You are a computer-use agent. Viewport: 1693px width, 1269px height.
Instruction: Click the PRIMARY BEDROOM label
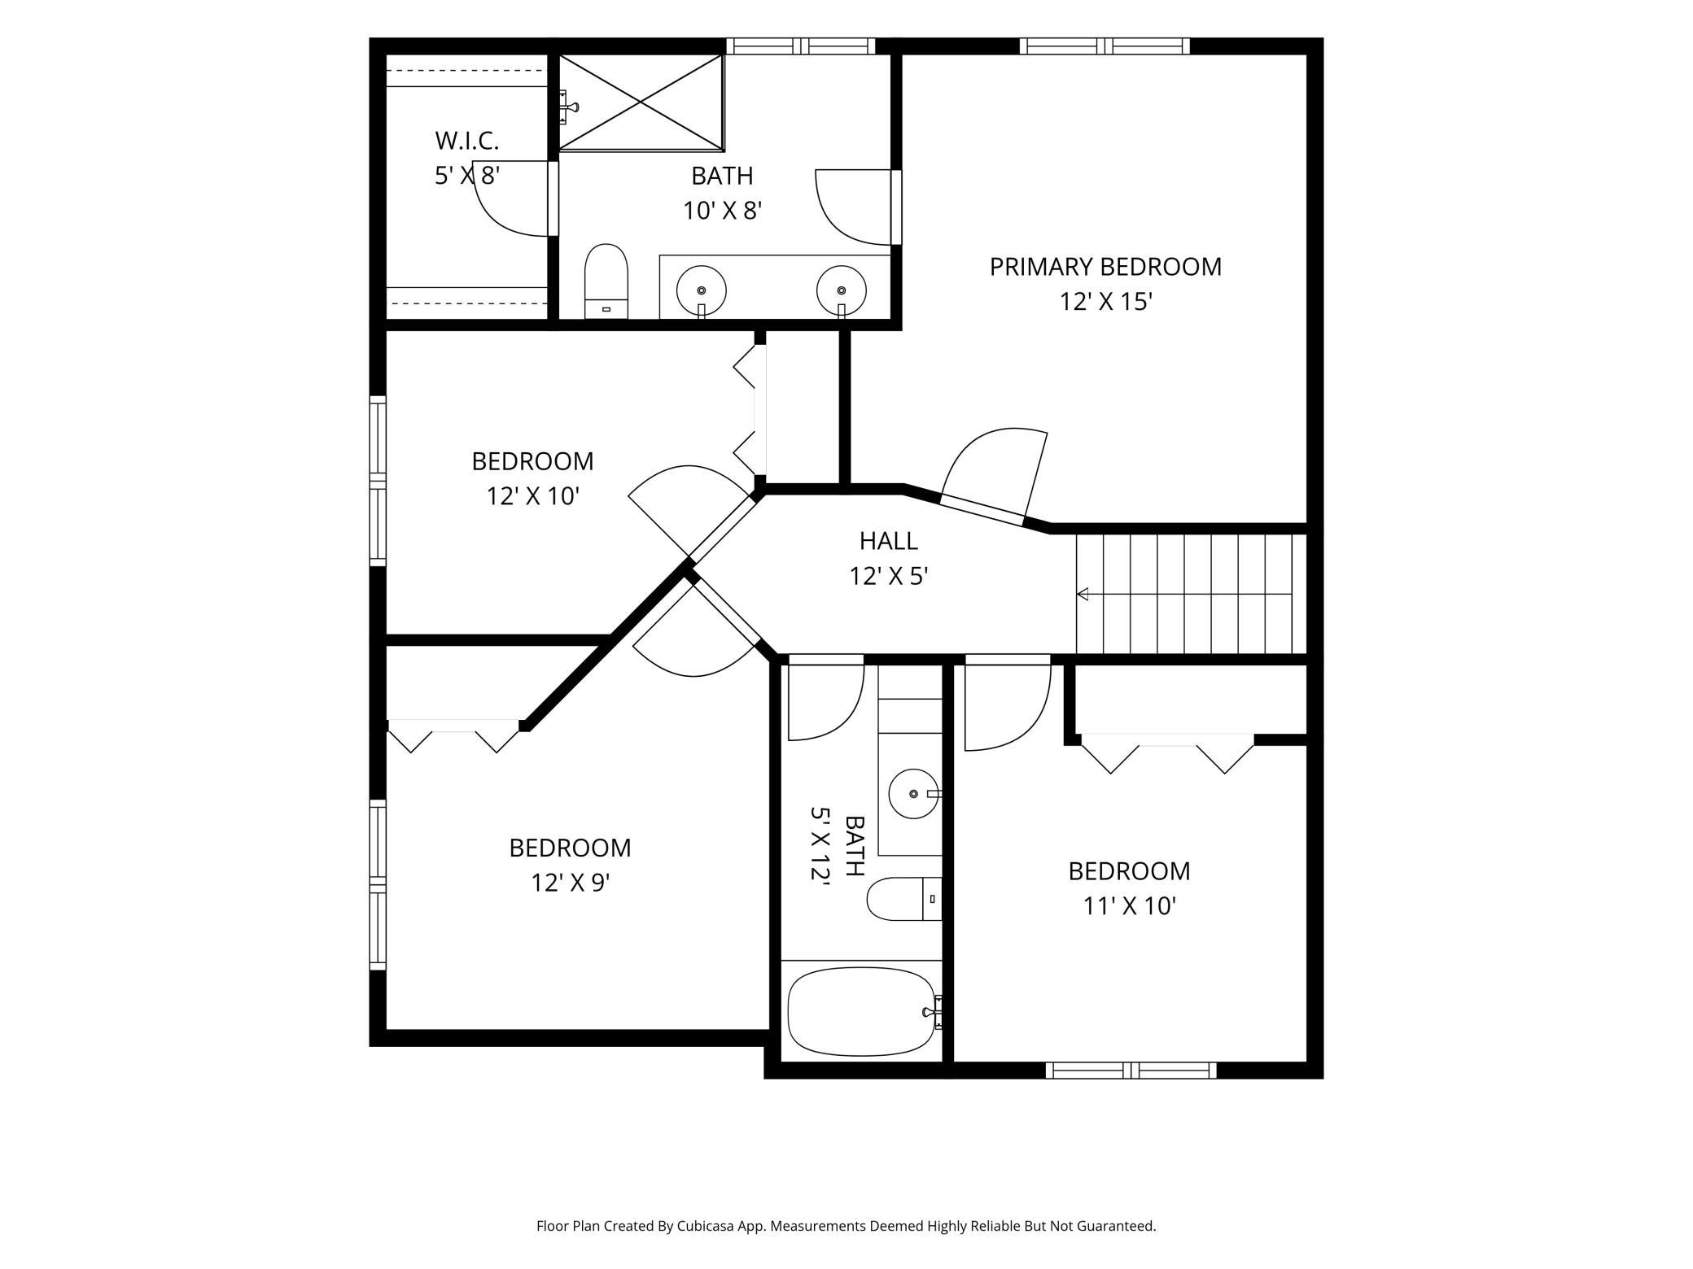(1105, 267)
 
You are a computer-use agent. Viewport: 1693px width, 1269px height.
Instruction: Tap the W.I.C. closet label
(466, 141)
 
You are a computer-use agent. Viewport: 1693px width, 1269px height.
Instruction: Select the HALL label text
(889, 541)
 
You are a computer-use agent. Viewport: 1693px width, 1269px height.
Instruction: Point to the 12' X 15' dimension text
(1105, 302)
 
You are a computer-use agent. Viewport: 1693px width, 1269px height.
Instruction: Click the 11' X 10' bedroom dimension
(1129, 906)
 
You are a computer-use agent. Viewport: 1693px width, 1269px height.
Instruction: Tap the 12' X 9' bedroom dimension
(571, 883)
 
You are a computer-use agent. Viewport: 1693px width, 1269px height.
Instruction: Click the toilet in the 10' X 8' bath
(606, 281)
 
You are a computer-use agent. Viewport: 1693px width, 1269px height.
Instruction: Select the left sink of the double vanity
(701, 290)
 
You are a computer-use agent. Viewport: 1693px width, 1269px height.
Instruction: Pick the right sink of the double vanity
(842, 290)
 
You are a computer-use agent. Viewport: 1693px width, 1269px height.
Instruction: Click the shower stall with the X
(641, 102)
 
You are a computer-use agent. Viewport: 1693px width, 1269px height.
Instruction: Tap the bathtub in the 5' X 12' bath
(862, 1011)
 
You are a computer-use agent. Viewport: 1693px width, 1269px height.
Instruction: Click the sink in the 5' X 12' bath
(914, 793)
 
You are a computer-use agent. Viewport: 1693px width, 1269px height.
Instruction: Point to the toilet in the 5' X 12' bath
(904, 899)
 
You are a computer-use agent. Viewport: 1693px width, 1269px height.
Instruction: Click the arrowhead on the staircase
(1083, 594)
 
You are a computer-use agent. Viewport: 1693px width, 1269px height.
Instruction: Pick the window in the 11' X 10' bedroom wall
(1131, 1071)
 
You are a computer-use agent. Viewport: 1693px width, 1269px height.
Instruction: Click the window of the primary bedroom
(1105, 46)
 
